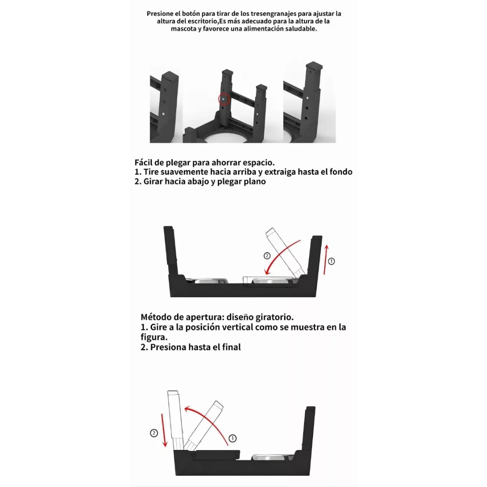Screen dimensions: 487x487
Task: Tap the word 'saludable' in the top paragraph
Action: coord(301,29)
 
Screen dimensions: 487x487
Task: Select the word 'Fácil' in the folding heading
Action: coord(143,162)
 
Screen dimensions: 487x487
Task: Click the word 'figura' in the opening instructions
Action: coord(154,337)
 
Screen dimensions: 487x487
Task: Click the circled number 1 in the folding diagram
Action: coord(331,261)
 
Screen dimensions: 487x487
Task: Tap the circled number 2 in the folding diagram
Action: coord(267,256)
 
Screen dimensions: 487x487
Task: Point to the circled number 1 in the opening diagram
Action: coord(232,438)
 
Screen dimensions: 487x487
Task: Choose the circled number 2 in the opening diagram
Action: coord(154,433)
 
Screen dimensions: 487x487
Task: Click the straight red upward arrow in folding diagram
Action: coord(326,260)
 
